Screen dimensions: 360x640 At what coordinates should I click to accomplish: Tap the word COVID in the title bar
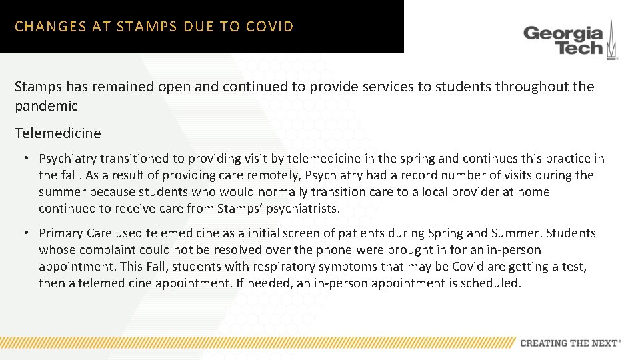[269, 27]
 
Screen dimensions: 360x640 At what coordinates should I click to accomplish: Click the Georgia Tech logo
[570, 41]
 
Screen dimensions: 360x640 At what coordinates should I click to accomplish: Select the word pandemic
[46, 105]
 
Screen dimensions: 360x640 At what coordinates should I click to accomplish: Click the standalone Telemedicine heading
[58, 133]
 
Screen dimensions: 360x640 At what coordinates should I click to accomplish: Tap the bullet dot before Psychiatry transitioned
[25, 159]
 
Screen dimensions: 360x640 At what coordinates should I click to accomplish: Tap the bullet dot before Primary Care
[25, 233]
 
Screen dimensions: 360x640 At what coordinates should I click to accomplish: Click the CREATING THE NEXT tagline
[570, 343]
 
